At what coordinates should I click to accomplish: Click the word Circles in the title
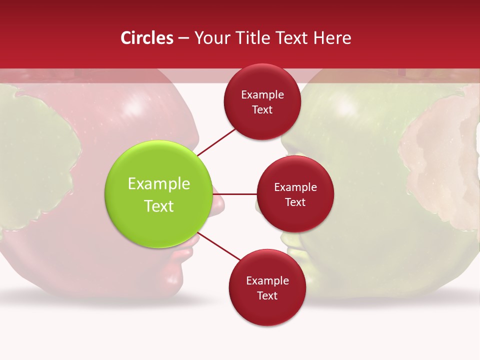(x=146, y=38)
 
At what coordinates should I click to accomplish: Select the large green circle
(x=158, y=194)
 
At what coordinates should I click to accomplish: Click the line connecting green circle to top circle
(x=217, y=141)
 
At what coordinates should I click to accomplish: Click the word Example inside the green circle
(x=159, y=184)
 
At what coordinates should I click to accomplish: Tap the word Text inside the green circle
(x=159, y=206)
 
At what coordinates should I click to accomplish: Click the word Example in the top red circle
(x=262, y=95)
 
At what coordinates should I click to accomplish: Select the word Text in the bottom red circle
(x=267, y=295)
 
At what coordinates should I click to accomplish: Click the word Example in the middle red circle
(x=295, y=187)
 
